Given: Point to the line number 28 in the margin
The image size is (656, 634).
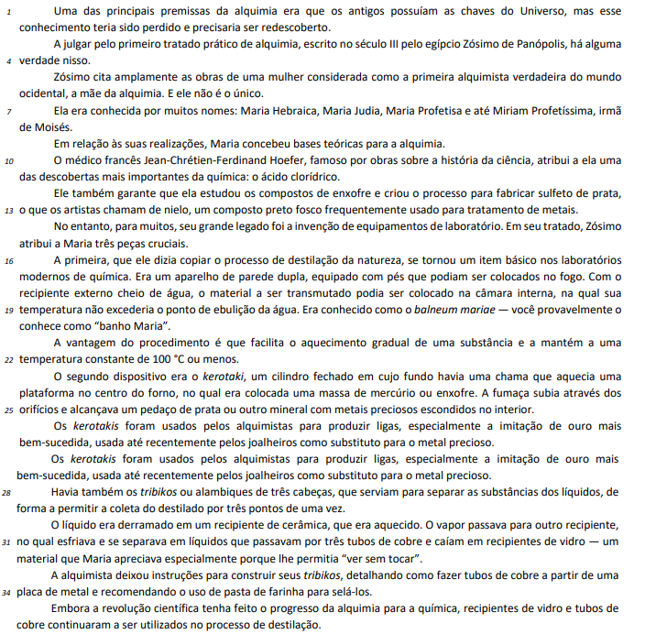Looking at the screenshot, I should pos(9,492).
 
